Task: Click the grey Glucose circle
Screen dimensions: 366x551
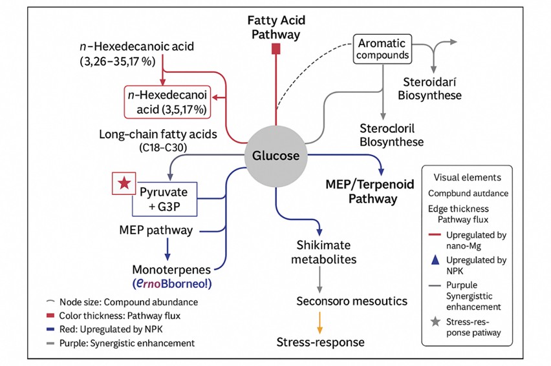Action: [x=275, y=156]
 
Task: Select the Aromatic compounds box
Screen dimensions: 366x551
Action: [x=383, y=49]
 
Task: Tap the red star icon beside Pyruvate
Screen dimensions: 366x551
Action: [x=123, y=183]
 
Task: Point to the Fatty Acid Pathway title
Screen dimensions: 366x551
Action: [x=275, y=27]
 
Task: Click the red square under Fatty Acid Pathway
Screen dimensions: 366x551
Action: [x=276, y=48]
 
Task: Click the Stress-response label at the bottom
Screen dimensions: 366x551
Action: [x=320, y=342]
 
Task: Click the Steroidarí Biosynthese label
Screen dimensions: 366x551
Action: [x=432, y=88]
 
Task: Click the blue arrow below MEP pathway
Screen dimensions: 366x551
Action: [x=167, y=249]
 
